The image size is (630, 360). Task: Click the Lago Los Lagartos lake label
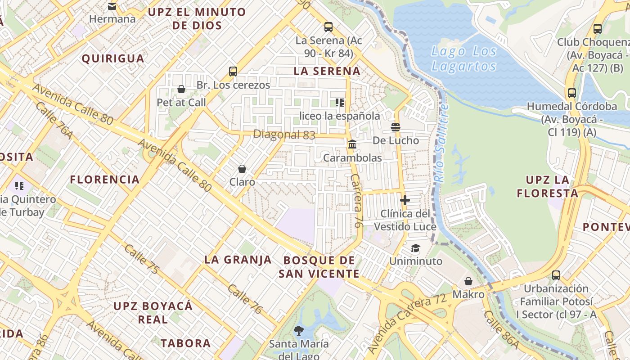point(464,58)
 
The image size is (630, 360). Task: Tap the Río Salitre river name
point(441,143)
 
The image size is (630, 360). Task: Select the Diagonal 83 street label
point(284,134)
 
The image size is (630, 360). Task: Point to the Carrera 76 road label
point(355,200)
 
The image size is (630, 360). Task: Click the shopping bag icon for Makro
point(468,281)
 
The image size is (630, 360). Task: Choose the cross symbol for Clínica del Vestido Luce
point(405,200)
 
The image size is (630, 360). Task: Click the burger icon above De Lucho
point(396,127)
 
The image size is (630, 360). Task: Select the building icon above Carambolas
point(352,144)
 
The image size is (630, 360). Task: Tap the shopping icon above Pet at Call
point(181,89)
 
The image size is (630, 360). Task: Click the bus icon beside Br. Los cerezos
point(233,71)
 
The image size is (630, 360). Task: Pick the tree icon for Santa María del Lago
point(298,331)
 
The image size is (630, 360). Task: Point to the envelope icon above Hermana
point(112,6)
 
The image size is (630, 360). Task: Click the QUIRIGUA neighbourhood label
point(113,58)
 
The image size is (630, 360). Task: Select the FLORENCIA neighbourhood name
point(105,180)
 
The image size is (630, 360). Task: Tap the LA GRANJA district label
point(238,260)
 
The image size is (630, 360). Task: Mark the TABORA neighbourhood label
point(186,343)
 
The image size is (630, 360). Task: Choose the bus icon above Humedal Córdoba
point(571,93)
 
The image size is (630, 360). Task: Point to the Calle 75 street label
point(142,259)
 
